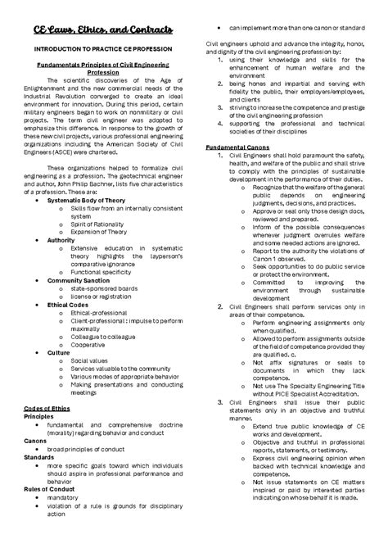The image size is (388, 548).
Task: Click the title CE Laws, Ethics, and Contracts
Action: click(x=97, y=30)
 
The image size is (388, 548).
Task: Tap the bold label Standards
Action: click(x=41, y=456)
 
